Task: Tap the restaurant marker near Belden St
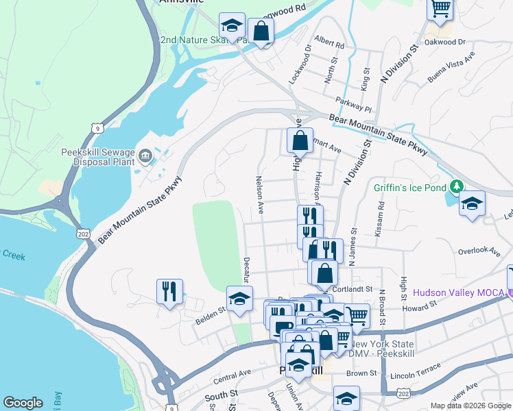click(x=169, y=291)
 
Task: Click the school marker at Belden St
click(x=239, y=299)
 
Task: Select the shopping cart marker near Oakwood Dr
click(x=440, y=9)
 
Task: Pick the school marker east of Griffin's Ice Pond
click(x=472, y=203)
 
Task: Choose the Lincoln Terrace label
click(x=416, y=375)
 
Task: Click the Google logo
click(x=23, y=403)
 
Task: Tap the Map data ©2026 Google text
click(x=470, y=406)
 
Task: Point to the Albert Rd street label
click(x=329, y=42)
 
